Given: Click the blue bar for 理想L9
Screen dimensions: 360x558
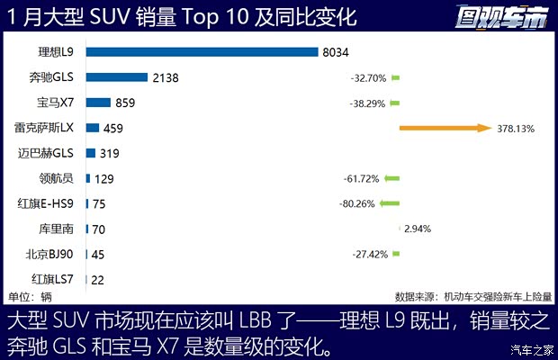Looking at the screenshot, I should click(202, 52).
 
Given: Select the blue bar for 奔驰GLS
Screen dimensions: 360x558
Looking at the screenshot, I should click(117, 77).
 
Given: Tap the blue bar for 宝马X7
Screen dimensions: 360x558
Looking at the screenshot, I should click(98, 103).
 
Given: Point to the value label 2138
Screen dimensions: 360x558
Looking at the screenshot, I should click(166, 77).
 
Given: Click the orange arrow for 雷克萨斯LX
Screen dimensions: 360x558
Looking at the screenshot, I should click(444, 129).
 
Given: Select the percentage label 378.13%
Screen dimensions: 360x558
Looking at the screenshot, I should click(516, 129).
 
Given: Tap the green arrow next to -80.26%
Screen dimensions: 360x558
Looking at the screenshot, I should click(390, 203).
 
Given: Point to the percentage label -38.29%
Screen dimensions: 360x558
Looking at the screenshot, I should click(368, 103).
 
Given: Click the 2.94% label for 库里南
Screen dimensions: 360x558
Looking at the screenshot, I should click(417, 229).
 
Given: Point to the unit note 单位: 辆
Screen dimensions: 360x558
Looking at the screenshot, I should click(30, 296).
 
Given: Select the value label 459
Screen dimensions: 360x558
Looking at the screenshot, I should click(113, 129).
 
